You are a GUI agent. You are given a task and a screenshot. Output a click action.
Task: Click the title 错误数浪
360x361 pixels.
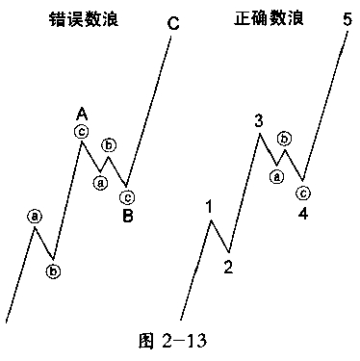[x=86, y=20]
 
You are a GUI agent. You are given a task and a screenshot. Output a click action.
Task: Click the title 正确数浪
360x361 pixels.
[x=263, y=20]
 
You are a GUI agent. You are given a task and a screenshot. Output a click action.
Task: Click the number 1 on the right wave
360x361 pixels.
[x=208, y=206]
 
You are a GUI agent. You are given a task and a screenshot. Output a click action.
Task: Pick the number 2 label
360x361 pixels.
[x=228, y=267]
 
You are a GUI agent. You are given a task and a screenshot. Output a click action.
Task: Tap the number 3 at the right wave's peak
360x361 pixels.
[x=260, y=120]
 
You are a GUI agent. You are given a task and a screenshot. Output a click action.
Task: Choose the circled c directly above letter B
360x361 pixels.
[x=127, y=196]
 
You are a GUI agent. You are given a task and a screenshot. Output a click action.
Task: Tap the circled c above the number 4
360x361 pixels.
[x=302, y=193]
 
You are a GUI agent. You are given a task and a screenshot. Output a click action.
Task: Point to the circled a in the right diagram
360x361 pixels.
[x=276, y=174]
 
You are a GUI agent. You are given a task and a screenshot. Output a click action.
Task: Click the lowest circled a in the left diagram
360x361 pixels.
[x=35, y=217]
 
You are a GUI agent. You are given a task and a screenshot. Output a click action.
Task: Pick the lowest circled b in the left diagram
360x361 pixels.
[x=54, y=271]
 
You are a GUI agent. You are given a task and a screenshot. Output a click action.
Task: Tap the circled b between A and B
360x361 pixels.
[x=109, y=145]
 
